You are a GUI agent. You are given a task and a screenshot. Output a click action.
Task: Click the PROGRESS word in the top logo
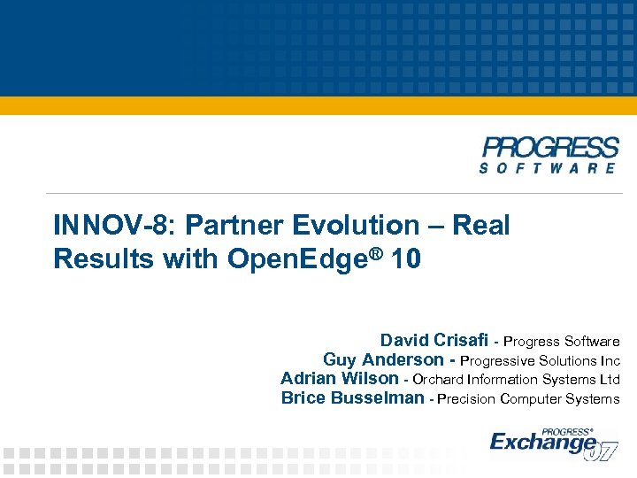549,147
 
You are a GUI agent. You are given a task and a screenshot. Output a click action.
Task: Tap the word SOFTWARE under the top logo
549,166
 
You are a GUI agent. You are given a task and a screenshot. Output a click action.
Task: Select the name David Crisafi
434,341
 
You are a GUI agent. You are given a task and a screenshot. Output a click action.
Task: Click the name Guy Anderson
383,359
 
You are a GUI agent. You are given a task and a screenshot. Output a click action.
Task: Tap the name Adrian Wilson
340,379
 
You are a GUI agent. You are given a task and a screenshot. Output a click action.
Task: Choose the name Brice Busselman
352,398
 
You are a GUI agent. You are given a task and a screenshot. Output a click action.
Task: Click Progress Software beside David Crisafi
562,342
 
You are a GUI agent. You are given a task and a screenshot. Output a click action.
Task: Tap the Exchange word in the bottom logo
541,442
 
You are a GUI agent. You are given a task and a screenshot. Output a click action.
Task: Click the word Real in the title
481,226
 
